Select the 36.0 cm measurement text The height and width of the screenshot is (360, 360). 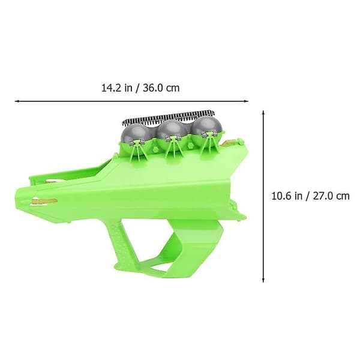pyautogui.click(x=161, y=88)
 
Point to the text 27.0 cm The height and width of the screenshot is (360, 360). pyautogui.click(x=331, y=196)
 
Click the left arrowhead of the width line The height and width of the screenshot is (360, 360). pyautogui.click(x=17, y=101)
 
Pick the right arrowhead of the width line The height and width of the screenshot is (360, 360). pyautogui.click(x=246, y=101)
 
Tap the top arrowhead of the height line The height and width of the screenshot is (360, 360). pyautogui.click(x=263, y=113)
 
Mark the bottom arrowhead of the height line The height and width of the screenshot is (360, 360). pyautogui.click(x=263, y=280)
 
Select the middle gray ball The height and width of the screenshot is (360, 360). pyautogui.click(x=170, y=132)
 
